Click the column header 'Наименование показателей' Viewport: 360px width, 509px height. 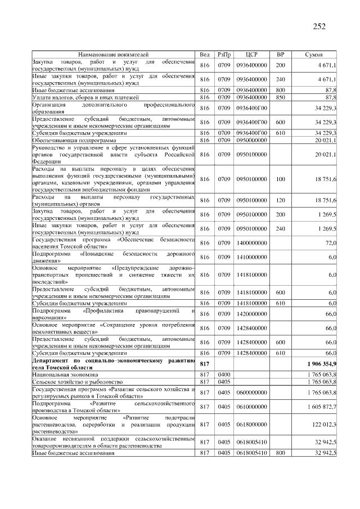[x=113, y=55]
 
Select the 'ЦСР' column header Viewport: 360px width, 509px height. [x=251, y=55]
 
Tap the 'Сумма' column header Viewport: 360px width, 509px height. [x=313, y=55]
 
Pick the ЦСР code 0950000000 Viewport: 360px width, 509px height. [x=251, y=139]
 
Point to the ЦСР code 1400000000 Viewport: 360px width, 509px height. [x=251, y=242]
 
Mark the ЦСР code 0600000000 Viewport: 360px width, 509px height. [x=251, y=392]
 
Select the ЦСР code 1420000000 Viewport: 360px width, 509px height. [x=251, y=313]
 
